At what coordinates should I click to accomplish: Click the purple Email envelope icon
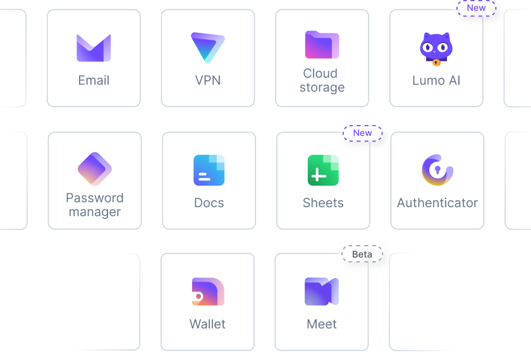94,48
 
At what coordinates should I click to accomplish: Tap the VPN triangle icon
208,47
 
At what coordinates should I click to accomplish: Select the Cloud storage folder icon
322,45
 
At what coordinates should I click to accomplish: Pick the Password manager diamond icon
95,169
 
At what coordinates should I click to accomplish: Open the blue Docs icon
209,170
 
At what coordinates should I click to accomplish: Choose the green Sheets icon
323,170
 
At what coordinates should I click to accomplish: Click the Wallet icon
208,292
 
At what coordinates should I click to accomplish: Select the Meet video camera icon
322,291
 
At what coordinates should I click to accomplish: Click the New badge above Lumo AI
477,8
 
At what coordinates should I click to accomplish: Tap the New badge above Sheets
363,133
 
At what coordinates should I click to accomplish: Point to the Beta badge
362,255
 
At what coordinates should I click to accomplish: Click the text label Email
94,80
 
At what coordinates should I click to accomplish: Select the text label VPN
208,80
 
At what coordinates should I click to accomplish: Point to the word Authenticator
437,203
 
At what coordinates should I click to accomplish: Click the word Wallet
208,324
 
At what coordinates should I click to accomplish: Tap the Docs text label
209,203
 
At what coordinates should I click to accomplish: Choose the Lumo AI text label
436,80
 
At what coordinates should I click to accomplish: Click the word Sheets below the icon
323,203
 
